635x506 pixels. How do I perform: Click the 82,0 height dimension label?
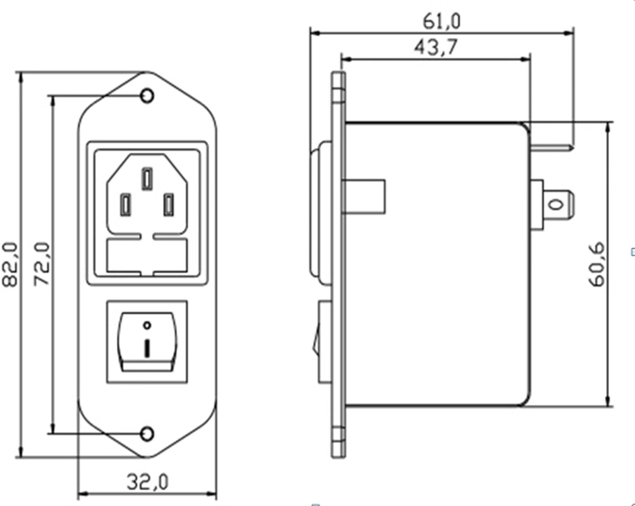(x=11, y=265)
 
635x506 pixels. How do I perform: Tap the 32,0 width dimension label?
(x=148, y=482)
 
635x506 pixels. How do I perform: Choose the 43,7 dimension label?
(x=434, y=47)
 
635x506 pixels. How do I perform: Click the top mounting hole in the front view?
(x=148, y=97)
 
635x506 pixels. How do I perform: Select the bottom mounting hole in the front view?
(x=148, y=433)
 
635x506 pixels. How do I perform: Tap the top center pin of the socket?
(x=147, y=179)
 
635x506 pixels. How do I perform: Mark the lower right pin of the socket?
(x=169, y=204)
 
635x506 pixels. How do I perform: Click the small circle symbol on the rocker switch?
(x=148, y=324)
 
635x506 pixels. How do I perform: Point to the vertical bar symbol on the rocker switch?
(x=148, y=347)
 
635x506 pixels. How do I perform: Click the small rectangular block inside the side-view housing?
(x=364, y=199)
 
